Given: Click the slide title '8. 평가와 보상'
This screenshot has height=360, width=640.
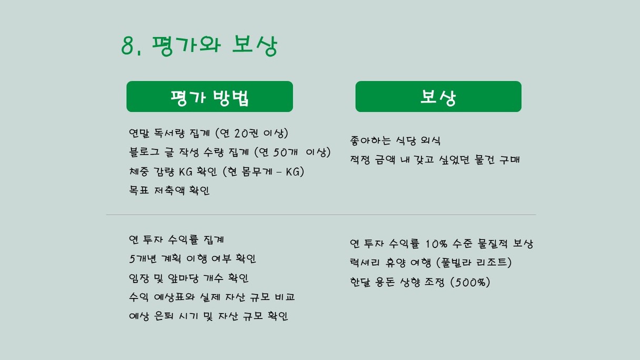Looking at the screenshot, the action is (199, 46).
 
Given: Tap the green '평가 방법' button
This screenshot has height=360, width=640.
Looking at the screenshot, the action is (209, 96).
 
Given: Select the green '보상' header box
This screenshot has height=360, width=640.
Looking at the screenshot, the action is (438, 96).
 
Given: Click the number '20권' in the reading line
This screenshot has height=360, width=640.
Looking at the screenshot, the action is (246, 133).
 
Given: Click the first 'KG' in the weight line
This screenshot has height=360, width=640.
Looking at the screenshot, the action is (186, 172).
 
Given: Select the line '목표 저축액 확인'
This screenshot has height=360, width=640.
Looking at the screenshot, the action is (169, 191).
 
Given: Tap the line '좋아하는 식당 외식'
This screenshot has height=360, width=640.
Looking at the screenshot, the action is (395, 141).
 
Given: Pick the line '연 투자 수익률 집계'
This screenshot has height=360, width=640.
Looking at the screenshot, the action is (176, 239).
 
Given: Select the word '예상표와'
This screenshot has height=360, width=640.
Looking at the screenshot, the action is (174, 297).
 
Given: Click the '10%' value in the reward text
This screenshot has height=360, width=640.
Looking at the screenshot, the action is (436, 244).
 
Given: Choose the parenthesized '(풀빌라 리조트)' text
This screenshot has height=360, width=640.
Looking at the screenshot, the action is (474, 263).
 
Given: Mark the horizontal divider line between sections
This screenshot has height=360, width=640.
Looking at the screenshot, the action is (321, 215).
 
